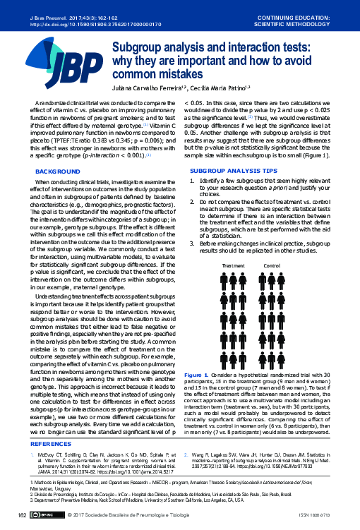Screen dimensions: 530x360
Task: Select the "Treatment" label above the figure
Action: [x=233, y=266]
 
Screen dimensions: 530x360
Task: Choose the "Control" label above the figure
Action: [x=272, y=266]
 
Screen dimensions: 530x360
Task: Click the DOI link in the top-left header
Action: [x=76, y=23]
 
